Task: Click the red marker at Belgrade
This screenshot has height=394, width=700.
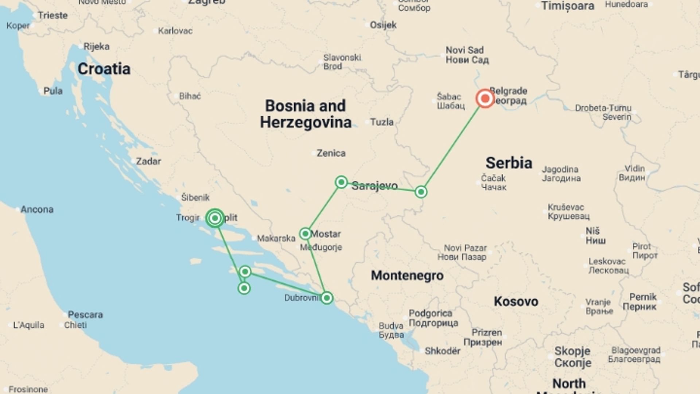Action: [485, 98]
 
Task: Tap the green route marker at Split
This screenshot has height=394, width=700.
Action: [215, 218]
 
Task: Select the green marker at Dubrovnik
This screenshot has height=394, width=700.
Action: [327, 298]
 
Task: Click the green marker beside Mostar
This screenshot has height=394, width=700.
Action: [305, 233]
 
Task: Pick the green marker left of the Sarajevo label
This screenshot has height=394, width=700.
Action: [341, 182]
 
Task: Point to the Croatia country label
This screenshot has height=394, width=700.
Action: [104, 69]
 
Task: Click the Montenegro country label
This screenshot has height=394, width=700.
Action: [407, 275]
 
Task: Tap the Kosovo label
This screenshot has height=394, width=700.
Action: [516, 301]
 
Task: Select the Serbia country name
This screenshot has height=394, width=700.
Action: [509, 163]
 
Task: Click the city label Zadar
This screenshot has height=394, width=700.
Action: [148, 161]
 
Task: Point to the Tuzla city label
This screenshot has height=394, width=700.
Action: [382, 122]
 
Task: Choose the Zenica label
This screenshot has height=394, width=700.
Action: [331, 153]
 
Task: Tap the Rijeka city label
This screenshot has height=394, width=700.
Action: [96, 47]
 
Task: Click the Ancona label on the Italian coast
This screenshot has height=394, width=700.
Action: [37, 209]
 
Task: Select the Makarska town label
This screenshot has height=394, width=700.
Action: [276, 239]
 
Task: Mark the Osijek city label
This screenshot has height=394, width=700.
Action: [383, 25]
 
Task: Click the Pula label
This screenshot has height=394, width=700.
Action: [53, 91]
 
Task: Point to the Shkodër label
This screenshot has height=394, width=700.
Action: [443, 351]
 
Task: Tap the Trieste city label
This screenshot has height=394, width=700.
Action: [53, 15]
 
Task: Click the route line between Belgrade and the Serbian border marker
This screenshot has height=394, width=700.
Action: [453, 145]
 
